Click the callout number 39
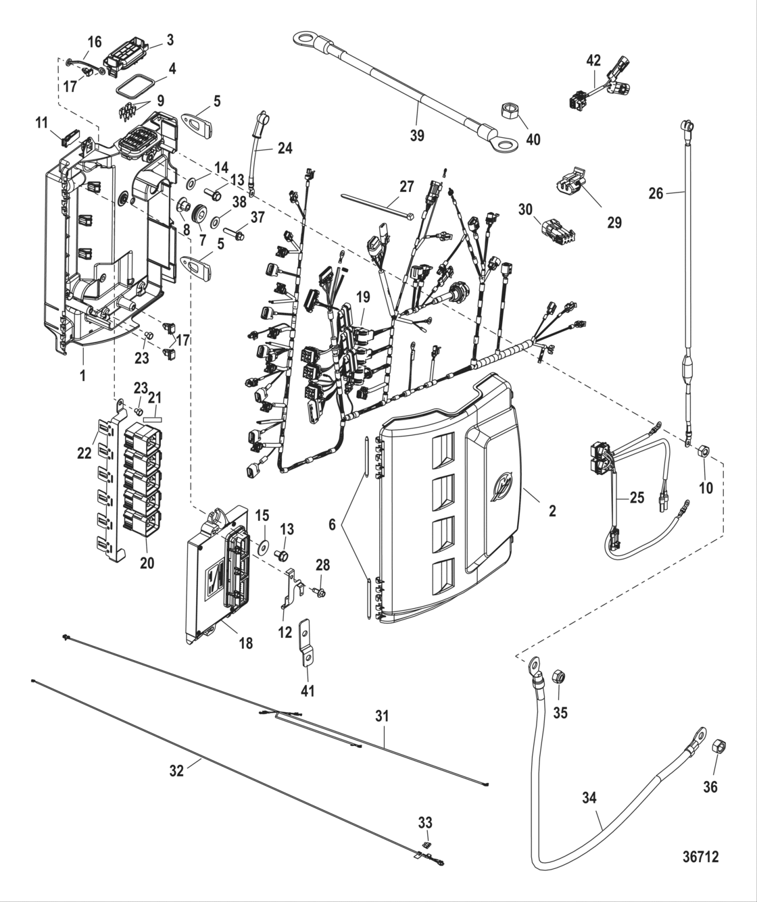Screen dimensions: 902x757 click(417, 135)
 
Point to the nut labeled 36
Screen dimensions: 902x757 click(719, 747)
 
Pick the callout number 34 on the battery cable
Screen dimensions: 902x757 click(590, 798)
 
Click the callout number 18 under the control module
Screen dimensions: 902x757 click(245, 643)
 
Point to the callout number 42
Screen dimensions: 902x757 click(593, 59)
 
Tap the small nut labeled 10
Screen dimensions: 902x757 click(704, 450)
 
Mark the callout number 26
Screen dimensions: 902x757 click(656, 194)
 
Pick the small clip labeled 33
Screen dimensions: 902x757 click(425, 845)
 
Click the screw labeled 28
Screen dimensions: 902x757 click(320, 593)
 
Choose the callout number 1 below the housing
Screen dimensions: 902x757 click(83, 376)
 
